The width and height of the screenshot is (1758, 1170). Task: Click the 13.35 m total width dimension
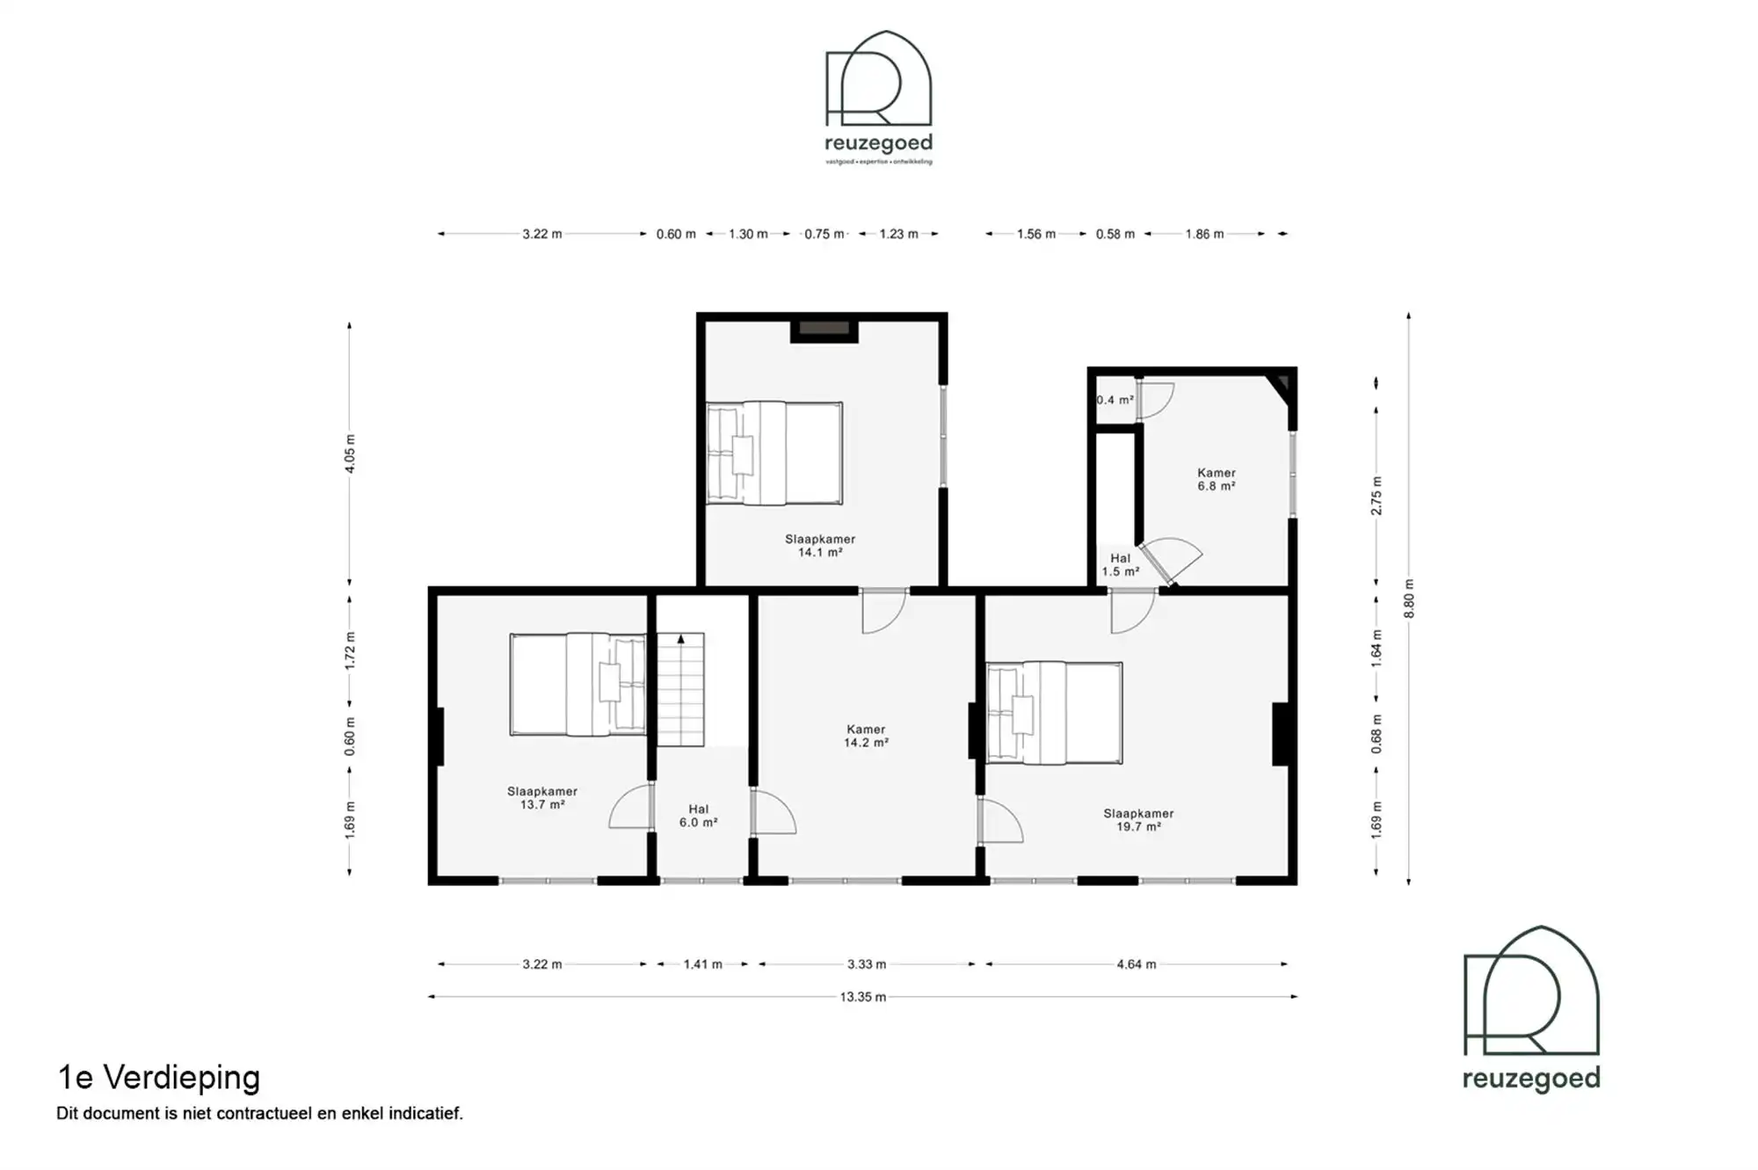pos(862,997)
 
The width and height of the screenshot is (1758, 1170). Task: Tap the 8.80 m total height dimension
pos(1409,599)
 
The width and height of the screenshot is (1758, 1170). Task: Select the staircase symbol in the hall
pos(681,689)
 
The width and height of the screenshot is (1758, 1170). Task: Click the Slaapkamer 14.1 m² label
pos(819,546)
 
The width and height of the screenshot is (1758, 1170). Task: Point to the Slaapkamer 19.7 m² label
pos(1138,820)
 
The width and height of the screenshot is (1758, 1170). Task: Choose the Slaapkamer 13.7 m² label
pos(541,798)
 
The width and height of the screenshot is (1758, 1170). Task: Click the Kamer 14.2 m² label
pos(866,736)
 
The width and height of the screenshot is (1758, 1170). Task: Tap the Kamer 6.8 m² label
pos(1216,479)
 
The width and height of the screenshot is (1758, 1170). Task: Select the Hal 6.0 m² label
pos(698,816)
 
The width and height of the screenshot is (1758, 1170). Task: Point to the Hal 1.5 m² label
pos(1120,565)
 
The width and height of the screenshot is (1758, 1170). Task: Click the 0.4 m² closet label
pos(1114,400)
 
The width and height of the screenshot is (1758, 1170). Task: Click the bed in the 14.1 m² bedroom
pos(774,454)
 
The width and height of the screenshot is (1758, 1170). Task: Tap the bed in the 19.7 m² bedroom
pos(1054,712)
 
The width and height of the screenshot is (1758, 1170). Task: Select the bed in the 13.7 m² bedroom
pos(578,684)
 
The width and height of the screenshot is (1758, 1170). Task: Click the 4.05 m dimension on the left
pos(350,454)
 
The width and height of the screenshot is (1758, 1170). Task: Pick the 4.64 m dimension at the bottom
pos(1136,964)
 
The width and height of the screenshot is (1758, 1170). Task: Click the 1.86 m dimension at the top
pos(1203,234)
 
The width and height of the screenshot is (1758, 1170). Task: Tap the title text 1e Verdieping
pos(159,1077)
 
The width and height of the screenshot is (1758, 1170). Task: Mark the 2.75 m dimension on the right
pos(1377,496)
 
